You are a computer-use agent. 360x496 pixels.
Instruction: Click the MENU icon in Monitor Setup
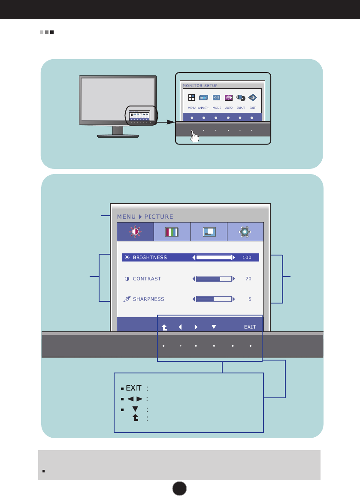pyautogui.click(x=192, y=97)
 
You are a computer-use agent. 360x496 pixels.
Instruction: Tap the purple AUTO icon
pyautogui.click(x=229, y=97)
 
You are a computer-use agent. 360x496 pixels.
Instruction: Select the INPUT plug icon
pyautogui.click(x=241, y=97)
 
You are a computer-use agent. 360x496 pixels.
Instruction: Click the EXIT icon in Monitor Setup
pyautogui.click(x=253, y=97)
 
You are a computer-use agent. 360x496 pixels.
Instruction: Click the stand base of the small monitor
pyautogui.click(x=118, y=135)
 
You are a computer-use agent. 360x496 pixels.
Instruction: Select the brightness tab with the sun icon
pyautogui.click(x=135, y=232)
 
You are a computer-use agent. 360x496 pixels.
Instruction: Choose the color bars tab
pyautogui.click(x=172, y=232)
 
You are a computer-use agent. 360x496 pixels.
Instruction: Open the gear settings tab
pyautogui.click(x=245, y=232)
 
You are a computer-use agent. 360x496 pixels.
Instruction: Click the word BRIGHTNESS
pyautogui.click(x=150, y=258)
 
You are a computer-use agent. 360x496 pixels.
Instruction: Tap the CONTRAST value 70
pyautogui.click(x=248, y=279)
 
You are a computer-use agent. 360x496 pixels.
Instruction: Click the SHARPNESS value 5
pyautogui.click(x=250, y=299)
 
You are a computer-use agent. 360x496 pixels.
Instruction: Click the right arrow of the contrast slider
pyautogui.click(x=234, y=279)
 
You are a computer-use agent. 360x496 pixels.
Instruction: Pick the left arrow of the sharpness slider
pyautogui.click(x=194, y=299)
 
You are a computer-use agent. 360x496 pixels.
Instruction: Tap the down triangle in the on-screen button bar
pyautogui.click(x=214, y=327)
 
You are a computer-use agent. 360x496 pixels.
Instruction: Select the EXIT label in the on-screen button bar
pyautogui.click(x=250, y=327)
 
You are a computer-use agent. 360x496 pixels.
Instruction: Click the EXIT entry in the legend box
pyautogui.click(x=133, y=388)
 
